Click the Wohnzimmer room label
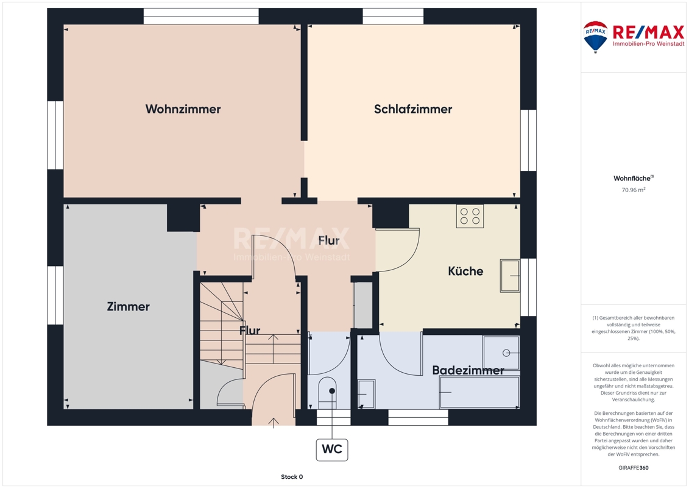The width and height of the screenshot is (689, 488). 183,109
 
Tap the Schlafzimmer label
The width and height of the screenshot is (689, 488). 413,109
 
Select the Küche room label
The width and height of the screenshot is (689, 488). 465,271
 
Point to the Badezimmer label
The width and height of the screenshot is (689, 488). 468,370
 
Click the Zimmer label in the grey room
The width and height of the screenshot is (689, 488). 129,306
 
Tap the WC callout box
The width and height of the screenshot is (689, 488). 332,450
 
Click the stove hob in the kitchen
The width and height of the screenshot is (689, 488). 470,216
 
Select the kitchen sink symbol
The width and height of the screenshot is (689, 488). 510,276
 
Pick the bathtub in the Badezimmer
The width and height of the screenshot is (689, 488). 479,392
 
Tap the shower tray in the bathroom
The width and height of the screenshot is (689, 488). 501,353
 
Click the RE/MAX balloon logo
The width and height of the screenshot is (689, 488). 595,37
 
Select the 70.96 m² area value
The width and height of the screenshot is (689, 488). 633,190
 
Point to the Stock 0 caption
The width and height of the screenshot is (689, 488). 292,476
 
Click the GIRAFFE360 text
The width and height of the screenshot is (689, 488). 633,468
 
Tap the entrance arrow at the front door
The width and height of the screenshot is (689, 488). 274,423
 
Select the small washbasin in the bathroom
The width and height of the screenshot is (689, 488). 366,394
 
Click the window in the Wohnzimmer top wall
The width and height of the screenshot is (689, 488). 201,16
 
